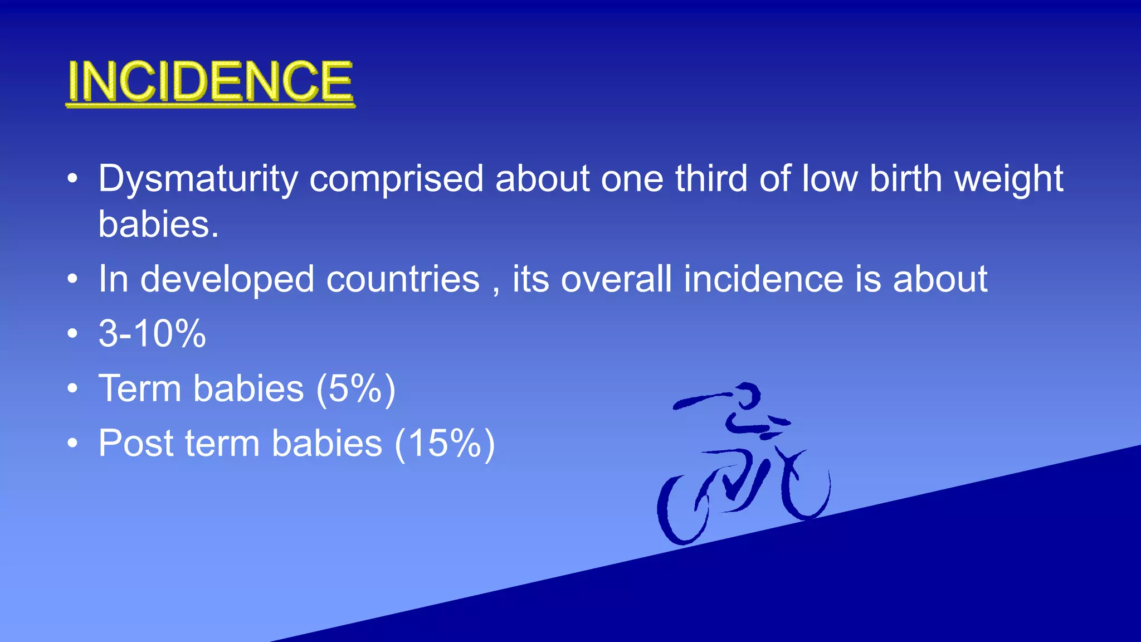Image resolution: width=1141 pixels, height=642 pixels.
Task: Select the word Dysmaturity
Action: click(x=198, y=179)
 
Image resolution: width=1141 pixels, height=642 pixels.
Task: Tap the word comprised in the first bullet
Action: click(x=396, y=179)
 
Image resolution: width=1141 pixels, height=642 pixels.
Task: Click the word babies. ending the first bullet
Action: click(x=158, y=224)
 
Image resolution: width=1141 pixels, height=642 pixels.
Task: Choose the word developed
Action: click(x=227, y=279)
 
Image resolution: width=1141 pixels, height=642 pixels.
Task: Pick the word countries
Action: click(x=402, y=279)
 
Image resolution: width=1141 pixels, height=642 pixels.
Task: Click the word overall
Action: click(x=616, y=279)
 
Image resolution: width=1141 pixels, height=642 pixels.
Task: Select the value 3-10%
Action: click(x=152, y=334)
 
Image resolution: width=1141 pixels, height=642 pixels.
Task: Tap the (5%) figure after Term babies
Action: click(x=355, y=389)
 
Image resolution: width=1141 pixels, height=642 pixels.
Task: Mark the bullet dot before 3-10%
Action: click(x=72, y=334)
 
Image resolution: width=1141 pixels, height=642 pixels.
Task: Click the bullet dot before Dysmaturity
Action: click(x=72, y=179)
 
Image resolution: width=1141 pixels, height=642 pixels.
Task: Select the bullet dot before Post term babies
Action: click(x=72, y=444)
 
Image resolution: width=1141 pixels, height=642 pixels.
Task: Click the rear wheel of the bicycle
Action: click(x=682, y=510)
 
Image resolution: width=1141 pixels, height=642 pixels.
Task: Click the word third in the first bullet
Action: click(x=711, y=179)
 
